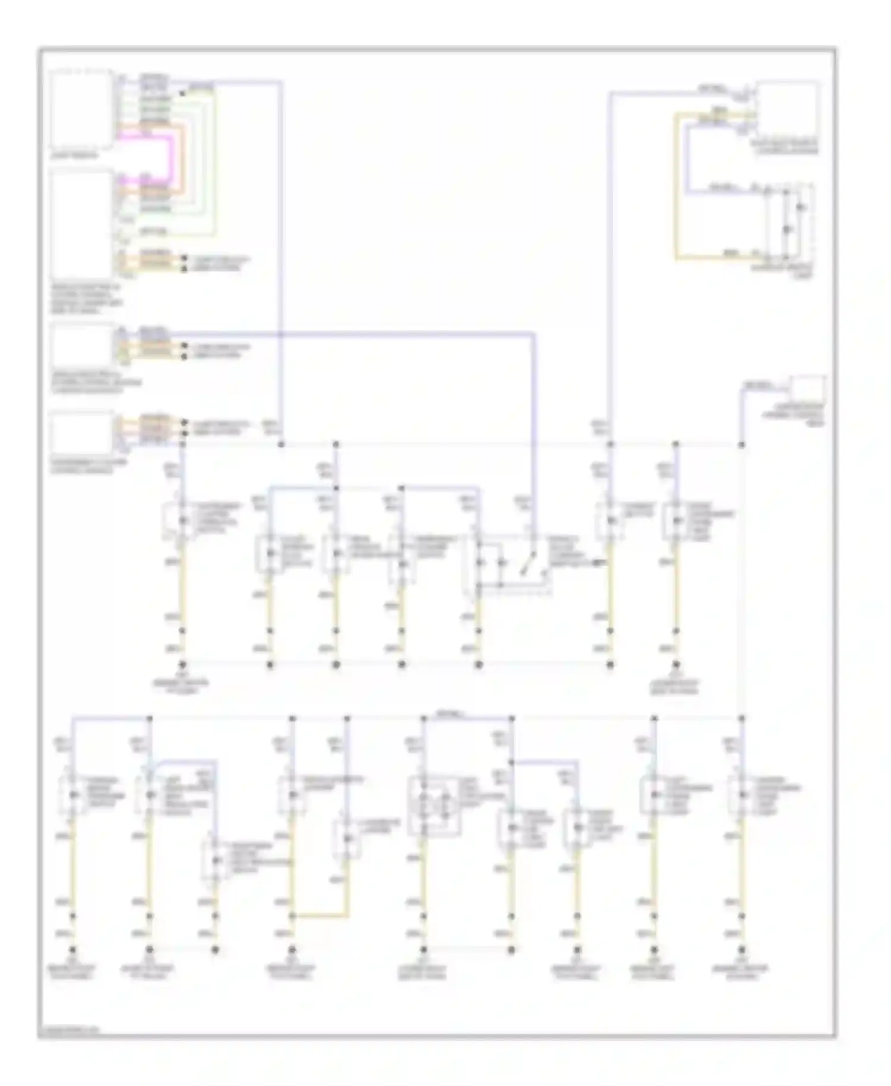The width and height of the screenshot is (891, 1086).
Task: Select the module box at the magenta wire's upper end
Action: (x=81, y=110)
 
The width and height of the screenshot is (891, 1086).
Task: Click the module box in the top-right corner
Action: (x=787, y=111)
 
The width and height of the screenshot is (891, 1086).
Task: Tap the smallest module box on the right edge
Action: (x=808, y=389)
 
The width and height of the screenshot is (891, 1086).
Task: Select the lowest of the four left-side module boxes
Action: (x=81, y=434)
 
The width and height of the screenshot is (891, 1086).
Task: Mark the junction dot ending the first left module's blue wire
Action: (x=281, y=444)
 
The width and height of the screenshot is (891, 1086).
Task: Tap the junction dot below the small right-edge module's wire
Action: (x=741, y=444)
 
